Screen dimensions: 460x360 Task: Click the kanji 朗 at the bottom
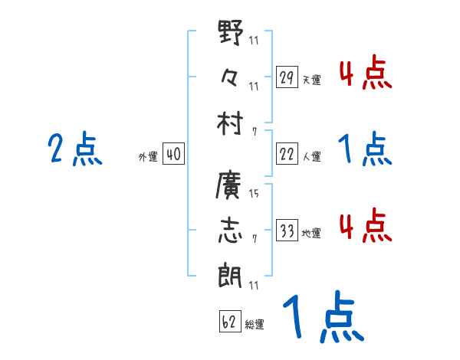[231, 272]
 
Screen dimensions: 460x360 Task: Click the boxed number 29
[287, 77]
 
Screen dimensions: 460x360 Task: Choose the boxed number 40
[173, 155]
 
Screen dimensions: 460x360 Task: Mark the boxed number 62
[229, 322]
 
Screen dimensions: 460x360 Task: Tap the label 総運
[255, 325]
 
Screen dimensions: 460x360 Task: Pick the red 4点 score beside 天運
[365, 75]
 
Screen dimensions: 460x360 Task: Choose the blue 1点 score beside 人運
[365, 150]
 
